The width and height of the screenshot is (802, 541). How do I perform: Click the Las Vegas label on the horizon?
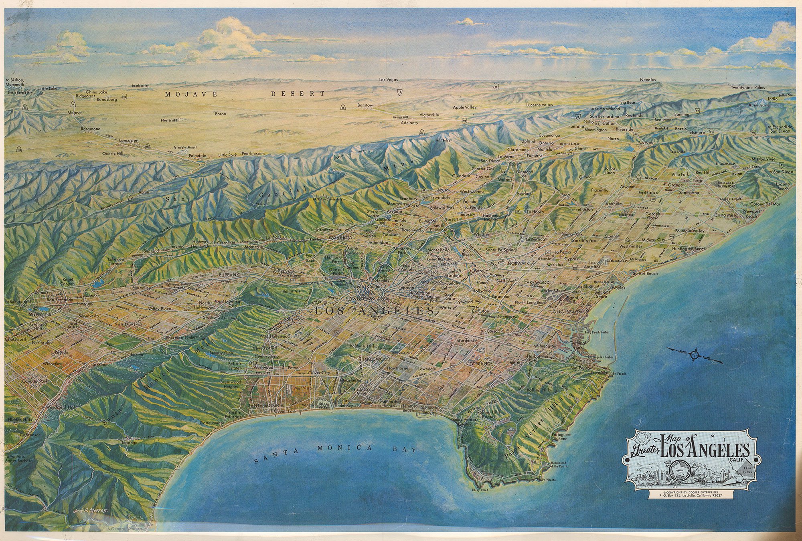(389, 80)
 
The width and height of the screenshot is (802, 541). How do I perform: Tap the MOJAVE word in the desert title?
(191, 94)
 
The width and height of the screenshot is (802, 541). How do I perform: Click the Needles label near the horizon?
(648, 80)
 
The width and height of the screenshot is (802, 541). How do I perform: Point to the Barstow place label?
(365, 105)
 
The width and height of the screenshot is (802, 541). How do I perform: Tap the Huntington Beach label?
(689, 249)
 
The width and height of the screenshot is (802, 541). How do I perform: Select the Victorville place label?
(429, 115)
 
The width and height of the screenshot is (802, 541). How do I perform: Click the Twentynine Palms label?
(747, 87)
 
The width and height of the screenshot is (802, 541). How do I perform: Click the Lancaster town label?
(128, 141)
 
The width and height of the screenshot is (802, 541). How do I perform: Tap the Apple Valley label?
(464, 107)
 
